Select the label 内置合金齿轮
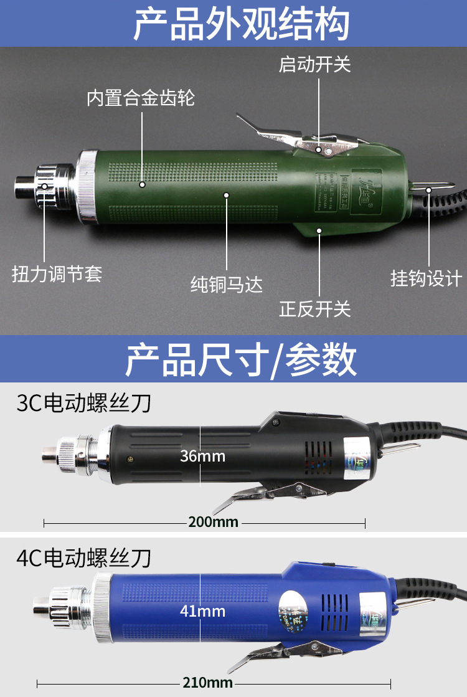click(x=141, y=98)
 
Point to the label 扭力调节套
click(x=57, y=273)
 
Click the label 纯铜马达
click(x=226, y=285)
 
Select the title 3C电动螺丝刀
click(x=84, y=403)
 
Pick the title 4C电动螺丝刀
click(x=84, y=556)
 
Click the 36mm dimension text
click(x=202, y=456)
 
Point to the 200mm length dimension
click(x=213, y=522)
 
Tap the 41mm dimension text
click(x=202, y=610)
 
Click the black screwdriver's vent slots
click(x=318, y=458)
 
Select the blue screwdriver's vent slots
click(x=334, y=607)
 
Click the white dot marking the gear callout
click(x=143, y=184)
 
